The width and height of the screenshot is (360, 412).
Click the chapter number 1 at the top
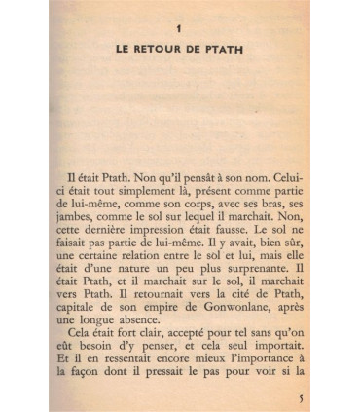coord(180,33)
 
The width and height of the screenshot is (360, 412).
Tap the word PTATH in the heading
coord(224,51)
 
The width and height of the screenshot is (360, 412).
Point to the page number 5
coord(301,397)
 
